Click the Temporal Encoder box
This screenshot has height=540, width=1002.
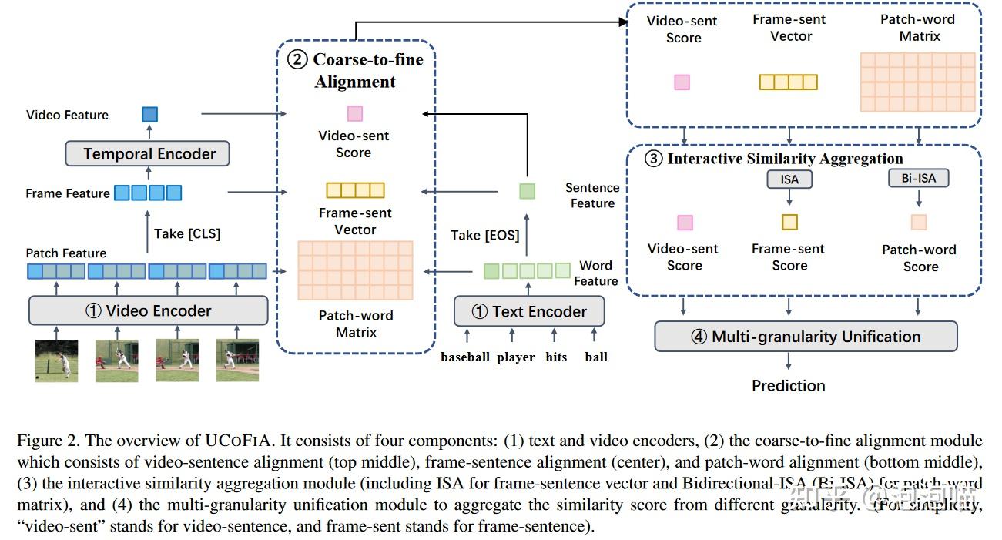(x=149, y=153)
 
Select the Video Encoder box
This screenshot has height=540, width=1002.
(x=149, y=311)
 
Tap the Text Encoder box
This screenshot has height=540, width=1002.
(x=528, y=312)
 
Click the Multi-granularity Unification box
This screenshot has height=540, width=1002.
(x=806, y=337)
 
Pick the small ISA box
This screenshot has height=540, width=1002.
(x=789, y=179)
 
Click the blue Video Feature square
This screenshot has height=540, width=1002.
(x=149, y=115)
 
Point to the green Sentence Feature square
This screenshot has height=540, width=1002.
(x=527, y=191)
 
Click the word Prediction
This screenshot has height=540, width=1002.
(x=788, y=385)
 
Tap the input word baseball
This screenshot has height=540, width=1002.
(x=465, y=357)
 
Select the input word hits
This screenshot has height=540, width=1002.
(x=556, y=357)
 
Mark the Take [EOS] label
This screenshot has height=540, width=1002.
(x=485, y=235)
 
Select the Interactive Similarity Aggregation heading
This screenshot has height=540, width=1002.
(x=784, y=159)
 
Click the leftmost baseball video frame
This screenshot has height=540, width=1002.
(x=56, y=361)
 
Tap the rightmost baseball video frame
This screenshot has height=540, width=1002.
(x=236, y=361)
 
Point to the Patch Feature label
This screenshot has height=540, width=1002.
(x=66, y=253)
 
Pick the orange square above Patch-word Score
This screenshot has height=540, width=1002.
(x=919, y=223)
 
